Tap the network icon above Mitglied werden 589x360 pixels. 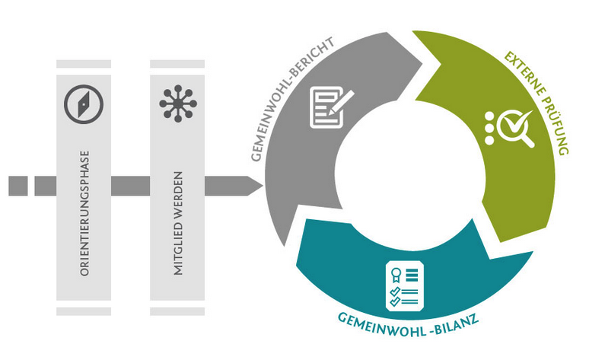pos(177,103)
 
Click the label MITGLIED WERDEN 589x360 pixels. pos(177,229)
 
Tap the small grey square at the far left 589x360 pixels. pos(18,185)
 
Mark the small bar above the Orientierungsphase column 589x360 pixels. pos(84,64)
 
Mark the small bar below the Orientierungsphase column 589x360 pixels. pos(84,311)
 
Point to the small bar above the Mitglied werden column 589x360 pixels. pos(177,64)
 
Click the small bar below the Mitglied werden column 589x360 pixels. pos(177,311)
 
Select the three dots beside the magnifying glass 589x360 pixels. pos(489,128)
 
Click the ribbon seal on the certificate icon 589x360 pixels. pos(394,276)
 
